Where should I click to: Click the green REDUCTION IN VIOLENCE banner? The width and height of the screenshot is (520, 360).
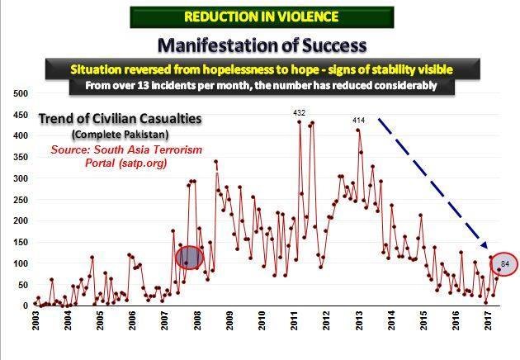(262, 17)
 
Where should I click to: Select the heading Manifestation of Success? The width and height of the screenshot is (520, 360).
(262, 43)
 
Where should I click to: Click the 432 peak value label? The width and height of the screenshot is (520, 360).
(300, 111)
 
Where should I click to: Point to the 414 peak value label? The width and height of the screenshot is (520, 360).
(358, 121)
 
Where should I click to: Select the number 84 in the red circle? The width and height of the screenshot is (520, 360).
(504, 264)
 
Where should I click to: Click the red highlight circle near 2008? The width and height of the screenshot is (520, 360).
(189, 258)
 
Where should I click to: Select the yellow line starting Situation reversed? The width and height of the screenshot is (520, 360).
(262, 67)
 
